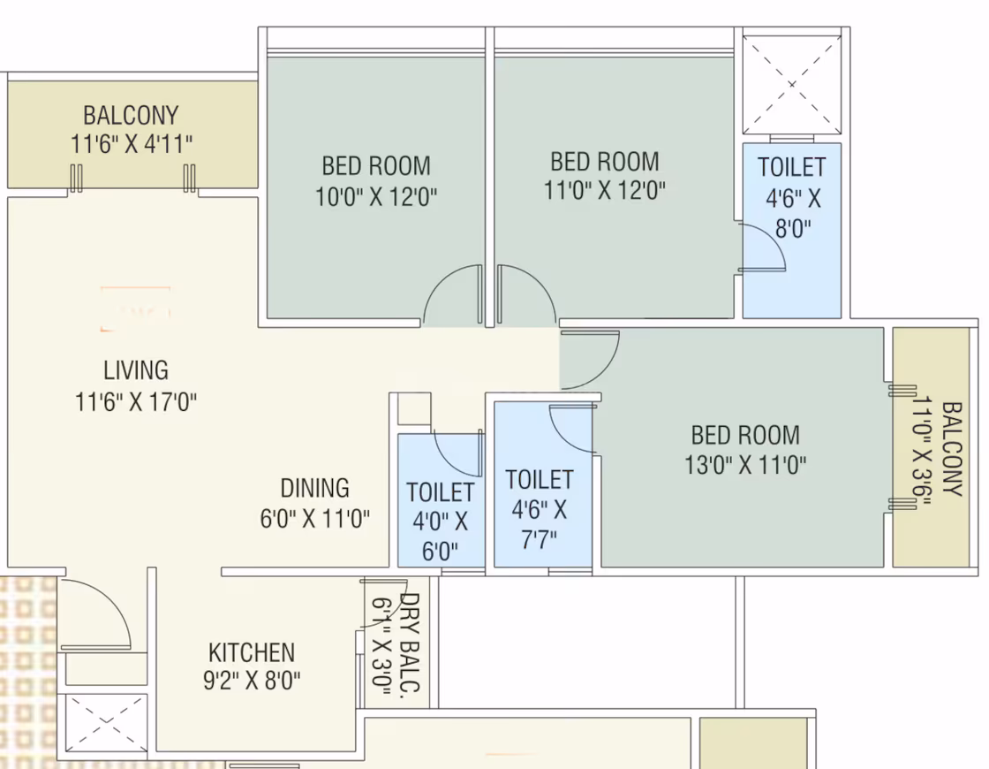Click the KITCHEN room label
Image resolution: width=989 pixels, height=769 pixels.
[x=252, y=652]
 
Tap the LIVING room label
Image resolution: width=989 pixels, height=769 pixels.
[x=136, y=370]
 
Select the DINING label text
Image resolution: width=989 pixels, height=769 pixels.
[x=314, y=488]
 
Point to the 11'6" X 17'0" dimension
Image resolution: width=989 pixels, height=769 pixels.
[x=136, y=401]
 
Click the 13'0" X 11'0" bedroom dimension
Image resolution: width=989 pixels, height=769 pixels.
[x=745, y=465]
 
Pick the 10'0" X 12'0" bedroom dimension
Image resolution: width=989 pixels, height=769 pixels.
[x=376, y=197]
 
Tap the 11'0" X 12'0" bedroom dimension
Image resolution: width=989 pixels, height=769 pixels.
[x=605, y=189]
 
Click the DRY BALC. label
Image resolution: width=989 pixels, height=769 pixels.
[x=410, y=642]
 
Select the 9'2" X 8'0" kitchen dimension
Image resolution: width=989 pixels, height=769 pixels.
[x=252, y=681]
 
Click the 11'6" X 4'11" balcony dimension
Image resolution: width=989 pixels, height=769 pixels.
[x=132, y=144]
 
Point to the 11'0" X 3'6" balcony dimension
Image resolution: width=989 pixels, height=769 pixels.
[x=922, y=451]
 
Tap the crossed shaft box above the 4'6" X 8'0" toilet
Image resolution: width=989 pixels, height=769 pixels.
[x=792, y=85]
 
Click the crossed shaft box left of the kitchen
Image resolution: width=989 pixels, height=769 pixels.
[x=106, y=723]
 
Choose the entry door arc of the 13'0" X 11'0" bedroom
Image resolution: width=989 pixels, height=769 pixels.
[x=603, y=372]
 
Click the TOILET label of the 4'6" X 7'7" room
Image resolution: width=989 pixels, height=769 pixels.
[x=540, y=480]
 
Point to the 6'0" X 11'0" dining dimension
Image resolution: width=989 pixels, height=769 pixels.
[x=314, y=519]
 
